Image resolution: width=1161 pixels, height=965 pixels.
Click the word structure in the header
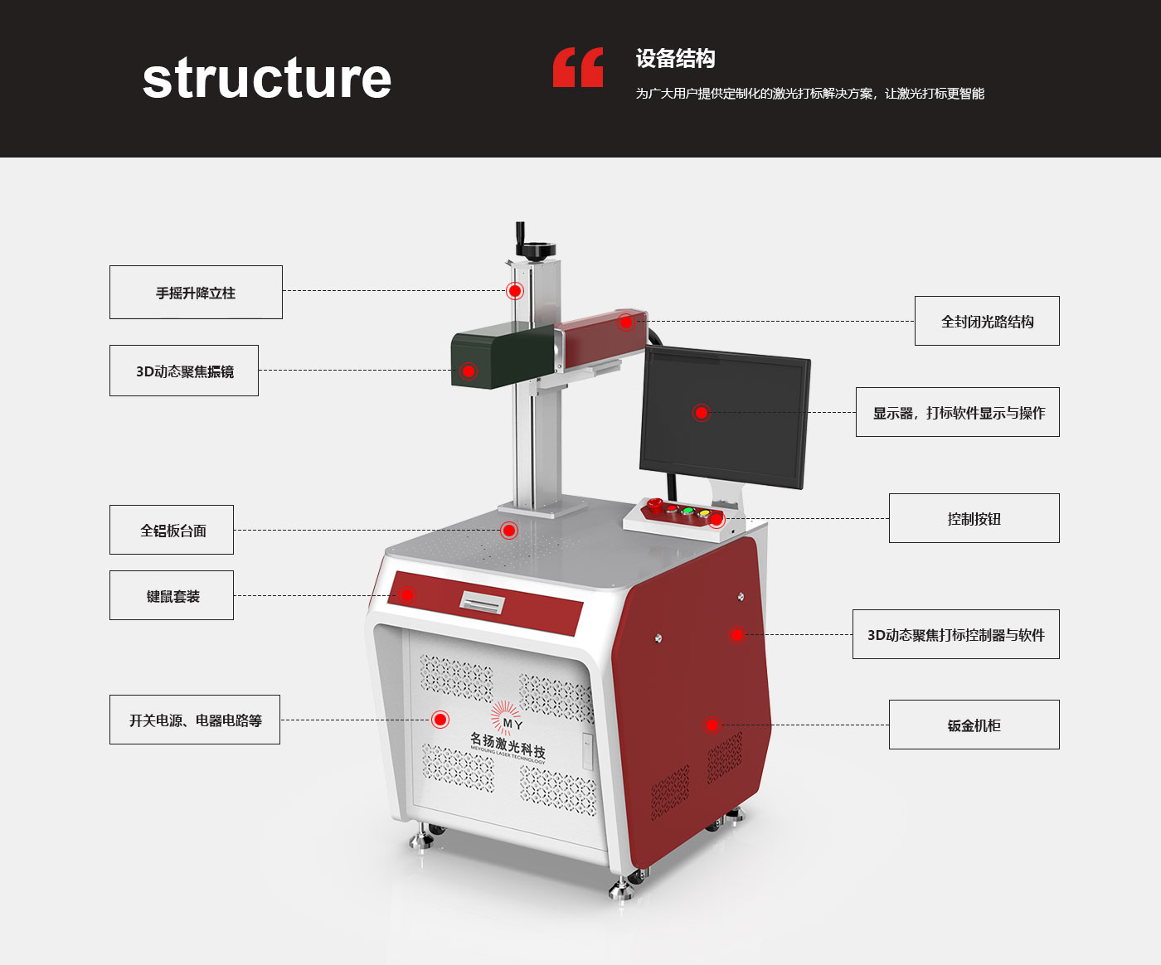(x=266, y=79)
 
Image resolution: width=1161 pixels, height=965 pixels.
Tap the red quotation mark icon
(x=578, y=67)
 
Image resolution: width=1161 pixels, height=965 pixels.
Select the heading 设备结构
(x=675, y=59)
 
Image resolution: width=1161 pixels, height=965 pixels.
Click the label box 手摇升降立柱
(x=196, y=293)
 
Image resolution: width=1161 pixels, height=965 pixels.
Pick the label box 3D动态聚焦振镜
(x=184, y=371)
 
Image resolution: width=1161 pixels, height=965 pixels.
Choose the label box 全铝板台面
(x=172, y=530)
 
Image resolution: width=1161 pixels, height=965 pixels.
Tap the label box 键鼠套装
(x=172, y=595)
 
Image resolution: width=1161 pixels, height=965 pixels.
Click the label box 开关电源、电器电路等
(x=195, y=720)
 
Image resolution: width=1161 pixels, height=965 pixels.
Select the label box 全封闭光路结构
(x=987, y=321)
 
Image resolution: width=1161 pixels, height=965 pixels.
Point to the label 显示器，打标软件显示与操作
(x=958, y=412)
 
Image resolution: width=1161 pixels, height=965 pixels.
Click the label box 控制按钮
(x=974, y=518)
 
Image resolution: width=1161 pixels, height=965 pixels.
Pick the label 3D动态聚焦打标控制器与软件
(x=955, y=634)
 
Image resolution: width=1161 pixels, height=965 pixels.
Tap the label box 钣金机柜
(x=974, y=725)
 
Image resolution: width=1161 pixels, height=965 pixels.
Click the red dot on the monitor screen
(x=702, y=412)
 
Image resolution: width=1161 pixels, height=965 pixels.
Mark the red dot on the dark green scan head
(x=469, y=371)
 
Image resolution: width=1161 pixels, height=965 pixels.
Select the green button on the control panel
(x=687, y=511)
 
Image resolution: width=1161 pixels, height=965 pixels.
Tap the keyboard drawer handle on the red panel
(x=482, y=603)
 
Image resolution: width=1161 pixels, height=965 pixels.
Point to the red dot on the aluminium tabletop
(x=509, y=530)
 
